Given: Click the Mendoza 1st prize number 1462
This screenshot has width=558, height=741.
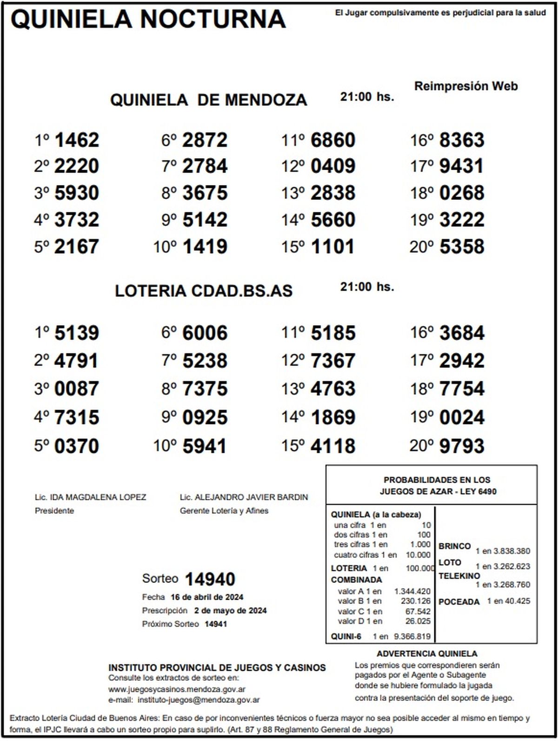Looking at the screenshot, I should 77,140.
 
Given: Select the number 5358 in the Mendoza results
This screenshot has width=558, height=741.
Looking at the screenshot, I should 462,247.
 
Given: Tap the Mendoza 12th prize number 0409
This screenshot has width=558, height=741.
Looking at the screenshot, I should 333,166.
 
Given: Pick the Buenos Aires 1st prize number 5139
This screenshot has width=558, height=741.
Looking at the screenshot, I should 77,333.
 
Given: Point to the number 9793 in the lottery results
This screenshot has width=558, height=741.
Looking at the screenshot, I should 462,446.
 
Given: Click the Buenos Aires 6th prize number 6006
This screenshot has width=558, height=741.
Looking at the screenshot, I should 205,333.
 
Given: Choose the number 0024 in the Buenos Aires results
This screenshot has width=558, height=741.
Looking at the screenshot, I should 462,417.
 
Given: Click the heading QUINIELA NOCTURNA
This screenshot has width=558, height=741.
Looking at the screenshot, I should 148,20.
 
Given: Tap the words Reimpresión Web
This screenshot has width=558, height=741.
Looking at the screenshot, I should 465,86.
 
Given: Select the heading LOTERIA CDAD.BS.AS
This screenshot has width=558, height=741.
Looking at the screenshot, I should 204,291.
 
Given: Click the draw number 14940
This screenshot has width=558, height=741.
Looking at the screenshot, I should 210,579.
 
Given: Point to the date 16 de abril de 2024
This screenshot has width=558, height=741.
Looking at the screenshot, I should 207,597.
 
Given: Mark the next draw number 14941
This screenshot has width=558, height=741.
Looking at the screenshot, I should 216,624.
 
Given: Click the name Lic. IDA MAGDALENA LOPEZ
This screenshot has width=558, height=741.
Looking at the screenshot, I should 91,497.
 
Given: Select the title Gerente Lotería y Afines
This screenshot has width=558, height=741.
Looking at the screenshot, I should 224,511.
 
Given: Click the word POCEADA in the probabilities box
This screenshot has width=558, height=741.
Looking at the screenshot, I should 459,602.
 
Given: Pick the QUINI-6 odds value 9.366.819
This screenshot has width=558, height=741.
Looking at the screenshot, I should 412,636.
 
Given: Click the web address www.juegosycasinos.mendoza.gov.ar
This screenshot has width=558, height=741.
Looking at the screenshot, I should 177,689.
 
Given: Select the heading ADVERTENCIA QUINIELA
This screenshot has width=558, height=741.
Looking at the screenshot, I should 427,654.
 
